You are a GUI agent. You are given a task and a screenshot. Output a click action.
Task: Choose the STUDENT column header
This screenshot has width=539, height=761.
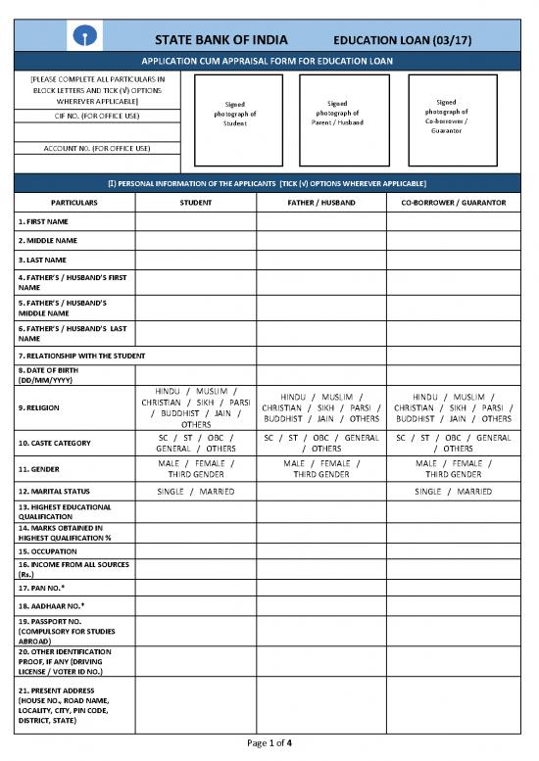(196, 202)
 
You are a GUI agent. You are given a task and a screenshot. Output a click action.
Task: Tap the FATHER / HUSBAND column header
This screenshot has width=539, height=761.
(321, 202)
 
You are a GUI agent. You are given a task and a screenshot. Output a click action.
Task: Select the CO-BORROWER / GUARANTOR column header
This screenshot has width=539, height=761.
(453, 202)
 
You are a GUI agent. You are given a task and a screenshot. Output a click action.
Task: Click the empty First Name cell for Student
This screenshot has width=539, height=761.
(196, 221)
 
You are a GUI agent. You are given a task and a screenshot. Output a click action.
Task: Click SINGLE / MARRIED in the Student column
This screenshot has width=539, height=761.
(196, 490)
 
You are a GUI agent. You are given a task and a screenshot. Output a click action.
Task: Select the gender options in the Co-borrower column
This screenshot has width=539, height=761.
(453, 468)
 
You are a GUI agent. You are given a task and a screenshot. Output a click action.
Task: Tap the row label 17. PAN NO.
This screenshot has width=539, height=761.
(42, 586)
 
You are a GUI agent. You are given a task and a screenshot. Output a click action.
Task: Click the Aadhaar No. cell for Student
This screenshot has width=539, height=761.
(196, 604)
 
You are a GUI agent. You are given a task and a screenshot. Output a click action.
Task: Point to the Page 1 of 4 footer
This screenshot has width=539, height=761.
(269, 742)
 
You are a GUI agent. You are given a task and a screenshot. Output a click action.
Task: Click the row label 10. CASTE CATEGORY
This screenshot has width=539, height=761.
(55, 443)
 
